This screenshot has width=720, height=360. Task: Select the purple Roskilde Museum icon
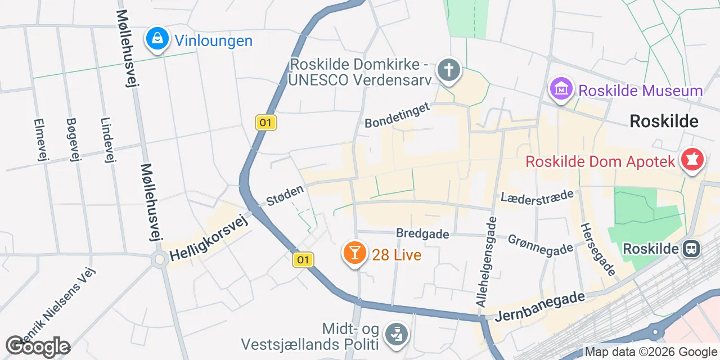click(561, 89)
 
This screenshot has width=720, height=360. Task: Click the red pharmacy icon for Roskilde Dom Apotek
click(692, 160)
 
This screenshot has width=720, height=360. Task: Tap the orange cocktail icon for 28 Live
click(355, 253)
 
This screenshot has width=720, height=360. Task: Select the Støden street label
click(286, 195)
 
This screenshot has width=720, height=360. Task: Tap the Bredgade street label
click(422, 233)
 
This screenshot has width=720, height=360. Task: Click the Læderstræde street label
click(537, 196)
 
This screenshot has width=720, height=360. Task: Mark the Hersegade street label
click(597, 247)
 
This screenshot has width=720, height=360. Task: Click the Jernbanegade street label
click(540, 307)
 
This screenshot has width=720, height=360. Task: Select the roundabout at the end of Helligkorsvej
click(160, 259)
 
